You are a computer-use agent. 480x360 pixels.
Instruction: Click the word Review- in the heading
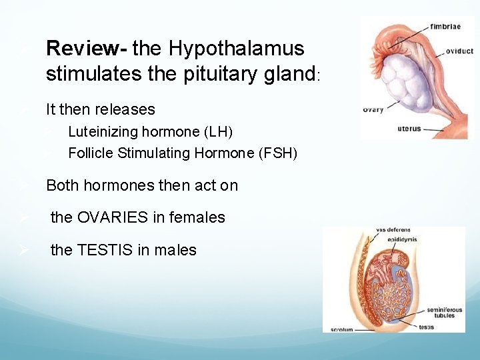pos(87,49)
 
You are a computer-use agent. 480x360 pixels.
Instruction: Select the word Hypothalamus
pos(236,49)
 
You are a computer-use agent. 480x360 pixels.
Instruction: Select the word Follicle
pos(91,153)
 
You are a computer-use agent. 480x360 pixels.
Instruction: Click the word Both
pos(62,185)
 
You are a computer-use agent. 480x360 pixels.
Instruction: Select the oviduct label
pos(459,51)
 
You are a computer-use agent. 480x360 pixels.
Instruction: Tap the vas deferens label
pos(390,231)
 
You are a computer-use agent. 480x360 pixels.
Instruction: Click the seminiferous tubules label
pos(441,311)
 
